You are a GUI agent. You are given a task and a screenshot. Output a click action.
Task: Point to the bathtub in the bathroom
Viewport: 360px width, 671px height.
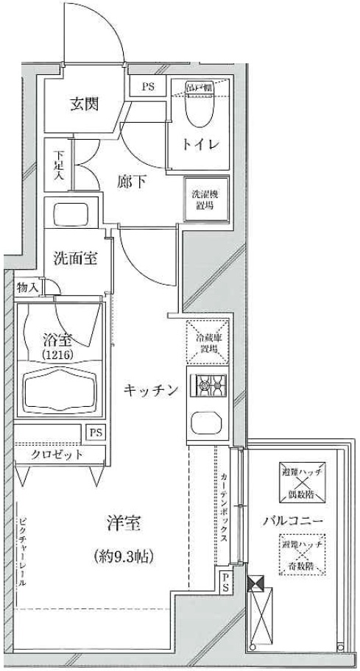point(61,392)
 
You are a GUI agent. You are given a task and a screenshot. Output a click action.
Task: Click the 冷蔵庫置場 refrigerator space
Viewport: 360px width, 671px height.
point(207,342)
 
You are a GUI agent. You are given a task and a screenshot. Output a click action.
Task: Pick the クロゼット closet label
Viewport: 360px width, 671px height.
point(56,454)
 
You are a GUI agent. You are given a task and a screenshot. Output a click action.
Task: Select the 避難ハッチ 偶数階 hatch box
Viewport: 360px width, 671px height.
point(300,478)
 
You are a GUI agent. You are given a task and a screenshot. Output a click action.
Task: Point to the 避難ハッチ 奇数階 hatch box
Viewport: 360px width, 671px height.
point(300,557)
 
